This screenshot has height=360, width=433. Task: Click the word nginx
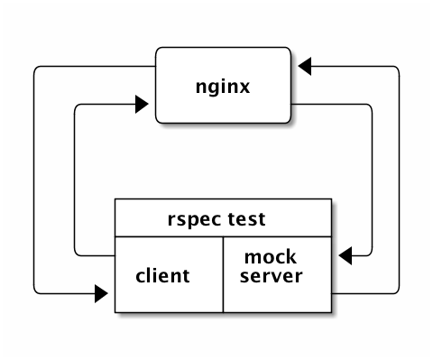223,88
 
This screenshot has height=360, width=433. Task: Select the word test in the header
246,219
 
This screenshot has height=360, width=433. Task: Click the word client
162,275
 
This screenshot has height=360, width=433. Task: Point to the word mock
271,257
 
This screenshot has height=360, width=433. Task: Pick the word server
271,276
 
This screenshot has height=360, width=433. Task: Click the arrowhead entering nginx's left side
142,105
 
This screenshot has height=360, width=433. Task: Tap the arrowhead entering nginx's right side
305,66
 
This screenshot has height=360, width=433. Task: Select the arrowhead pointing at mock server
345,256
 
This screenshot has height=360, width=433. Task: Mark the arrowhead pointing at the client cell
101,293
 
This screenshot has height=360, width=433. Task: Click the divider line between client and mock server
223,274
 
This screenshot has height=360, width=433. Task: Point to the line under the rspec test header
223,236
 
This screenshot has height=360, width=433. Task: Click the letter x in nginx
244,88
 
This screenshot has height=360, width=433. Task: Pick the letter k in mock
290,257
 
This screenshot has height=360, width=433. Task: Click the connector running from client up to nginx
75,180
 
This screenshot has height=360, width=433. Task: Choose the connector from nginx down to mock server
372,180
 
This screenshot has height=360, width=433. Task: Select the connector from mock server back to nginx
399,180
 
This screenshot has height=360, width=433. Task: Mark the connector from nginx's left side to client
33,180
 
